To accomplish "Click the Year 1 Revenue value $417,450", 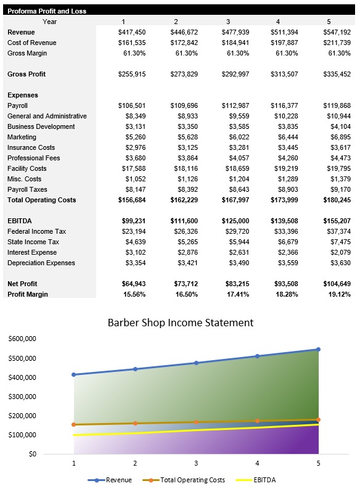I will click(x=131, y=32).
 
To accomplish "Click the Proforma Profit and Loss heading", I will click(x=47, y=11).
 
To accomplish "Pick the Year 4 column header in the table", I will click(x=278, y=22).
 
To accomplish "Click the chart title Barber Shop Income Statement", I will click(x=180, y=323).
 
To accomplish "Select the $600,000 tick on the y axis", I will click(x=22, y=339).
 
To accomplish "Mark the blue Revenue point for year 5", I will click(x=318, y=350).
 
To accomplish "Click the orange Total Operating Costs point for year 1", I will click(x=74, y=424).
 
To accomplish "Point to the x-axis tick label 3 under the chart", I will click(x=196, y=463).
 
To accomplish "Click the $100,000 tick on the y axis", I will click(x=22, y=435).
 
